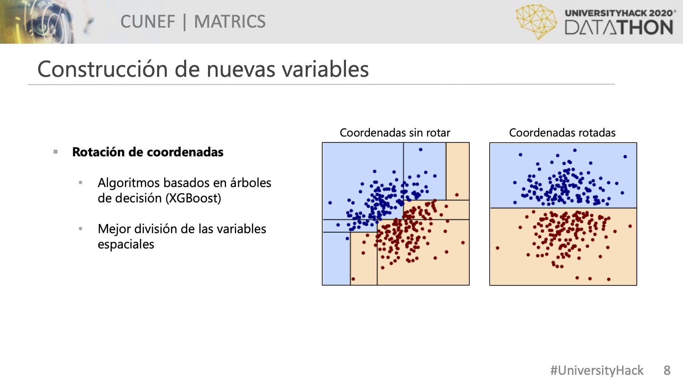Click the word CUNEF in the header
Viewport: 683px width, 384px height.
click(148, 22)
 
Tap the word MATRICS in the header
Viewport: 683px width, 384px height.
click(230, 22)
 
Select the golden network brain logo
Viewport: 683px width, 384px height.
click(536, 22)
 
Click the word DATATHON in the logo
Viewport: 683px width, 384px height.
click(619, 27)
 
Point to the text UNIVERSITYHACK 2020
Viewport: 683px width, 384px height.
click(619, 13)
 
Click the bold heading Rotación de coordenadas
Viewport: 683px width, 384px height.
click(148, 152)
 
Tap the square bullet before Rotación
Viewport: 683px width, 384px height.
click(56, 152)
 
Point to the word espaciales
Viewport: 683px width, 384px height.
click(126, 244)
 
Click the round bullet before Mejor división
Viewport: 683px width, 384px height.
click(81, 229)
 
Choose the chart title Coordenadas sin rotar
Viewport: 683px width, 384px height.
click(395, 132)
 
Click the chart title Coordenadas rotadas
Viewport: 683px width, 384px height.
click(562, 132)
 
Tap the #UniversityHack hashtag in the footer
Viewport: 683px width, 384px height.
click(597, 370)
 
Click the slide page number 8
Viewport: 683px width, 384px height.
click(667, 370)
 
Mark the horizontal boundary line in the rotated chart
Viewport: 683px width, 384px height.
click(563, 208)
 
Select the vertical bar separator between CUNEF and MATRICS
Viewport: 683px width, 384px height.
click(185, 22)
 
